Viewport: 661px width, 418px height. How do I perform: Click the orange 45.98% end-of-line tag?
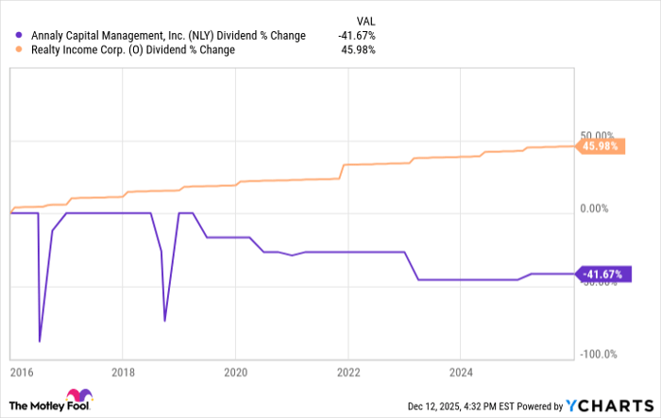click(x=601, y=146)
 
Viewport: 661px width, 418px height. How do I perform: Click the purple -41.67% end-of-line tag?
click(x=599, y=275)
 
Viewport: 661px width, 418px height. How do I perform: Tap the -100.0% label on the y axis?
click(x=599, y=355)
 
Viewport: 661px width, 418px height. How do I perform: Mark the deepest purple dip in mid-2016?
click(x=40, y=341)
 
